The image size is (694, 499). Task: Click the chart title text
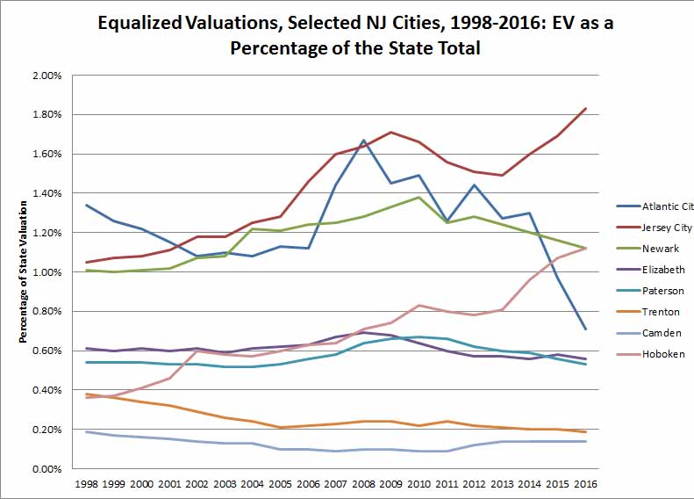pos(355,35)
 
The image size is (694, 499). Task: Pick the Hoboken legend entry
pos(664,354)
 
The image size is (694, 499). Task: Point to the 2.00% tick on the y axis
pos(45,76)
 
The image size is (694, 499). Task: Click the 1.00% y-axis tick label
pos(45,272)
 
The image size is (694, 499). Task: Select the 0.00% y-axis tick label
pos(45,469)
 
